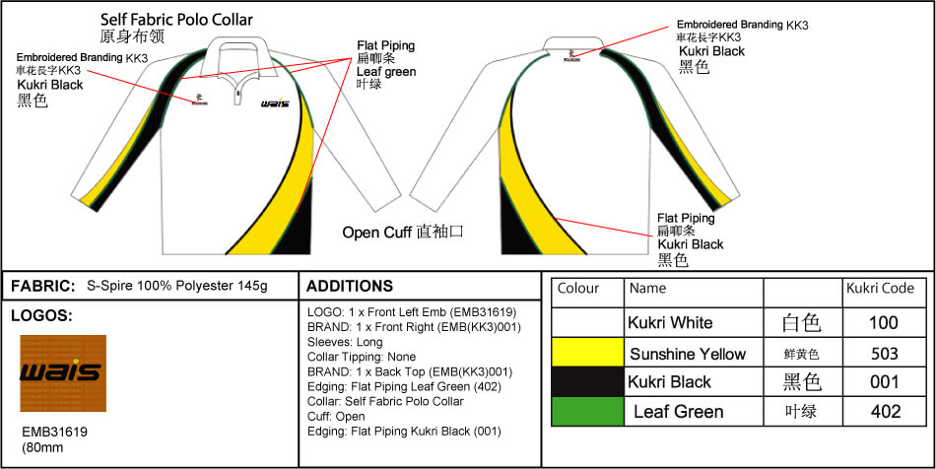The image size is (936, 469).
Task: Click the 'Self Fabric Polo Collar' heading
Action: coord(176,20)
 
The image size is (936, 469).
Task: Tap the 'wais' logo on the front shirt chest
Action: coord(275,103)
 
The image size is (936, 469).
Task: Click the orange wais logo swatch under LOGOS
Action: coord(63,372)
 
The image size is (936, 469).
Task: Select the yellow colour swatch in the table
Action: coord(587,353)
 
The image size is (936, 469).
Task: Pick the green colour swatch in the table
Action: coord(587,411)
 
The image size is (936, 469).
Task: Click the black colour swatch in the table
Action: coord(587,381)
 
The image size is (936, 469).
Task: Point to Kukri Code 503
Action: coord(885,353)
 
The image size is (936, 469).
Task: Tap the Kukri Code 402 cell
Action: coord(885,411)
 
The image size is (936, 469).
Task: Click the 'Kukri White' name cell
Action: coord(670,322)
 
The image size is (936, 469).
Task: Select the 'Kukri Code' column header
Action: coord(880,289)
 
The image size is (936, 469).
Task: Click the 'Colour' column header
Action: coord(578,289)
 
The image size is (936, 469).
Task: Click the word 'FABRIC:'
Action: coord(43,286)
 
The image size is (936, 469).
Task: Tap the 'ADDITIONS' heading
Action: coord(350,286)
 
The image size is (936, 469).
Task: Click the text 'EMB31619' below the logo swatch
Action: coord(54,432)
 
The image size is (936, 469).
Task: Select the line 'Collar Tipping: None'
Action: coord(362,357)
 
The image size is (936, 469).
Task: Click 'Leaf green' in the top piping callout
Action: coord(386,71)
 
